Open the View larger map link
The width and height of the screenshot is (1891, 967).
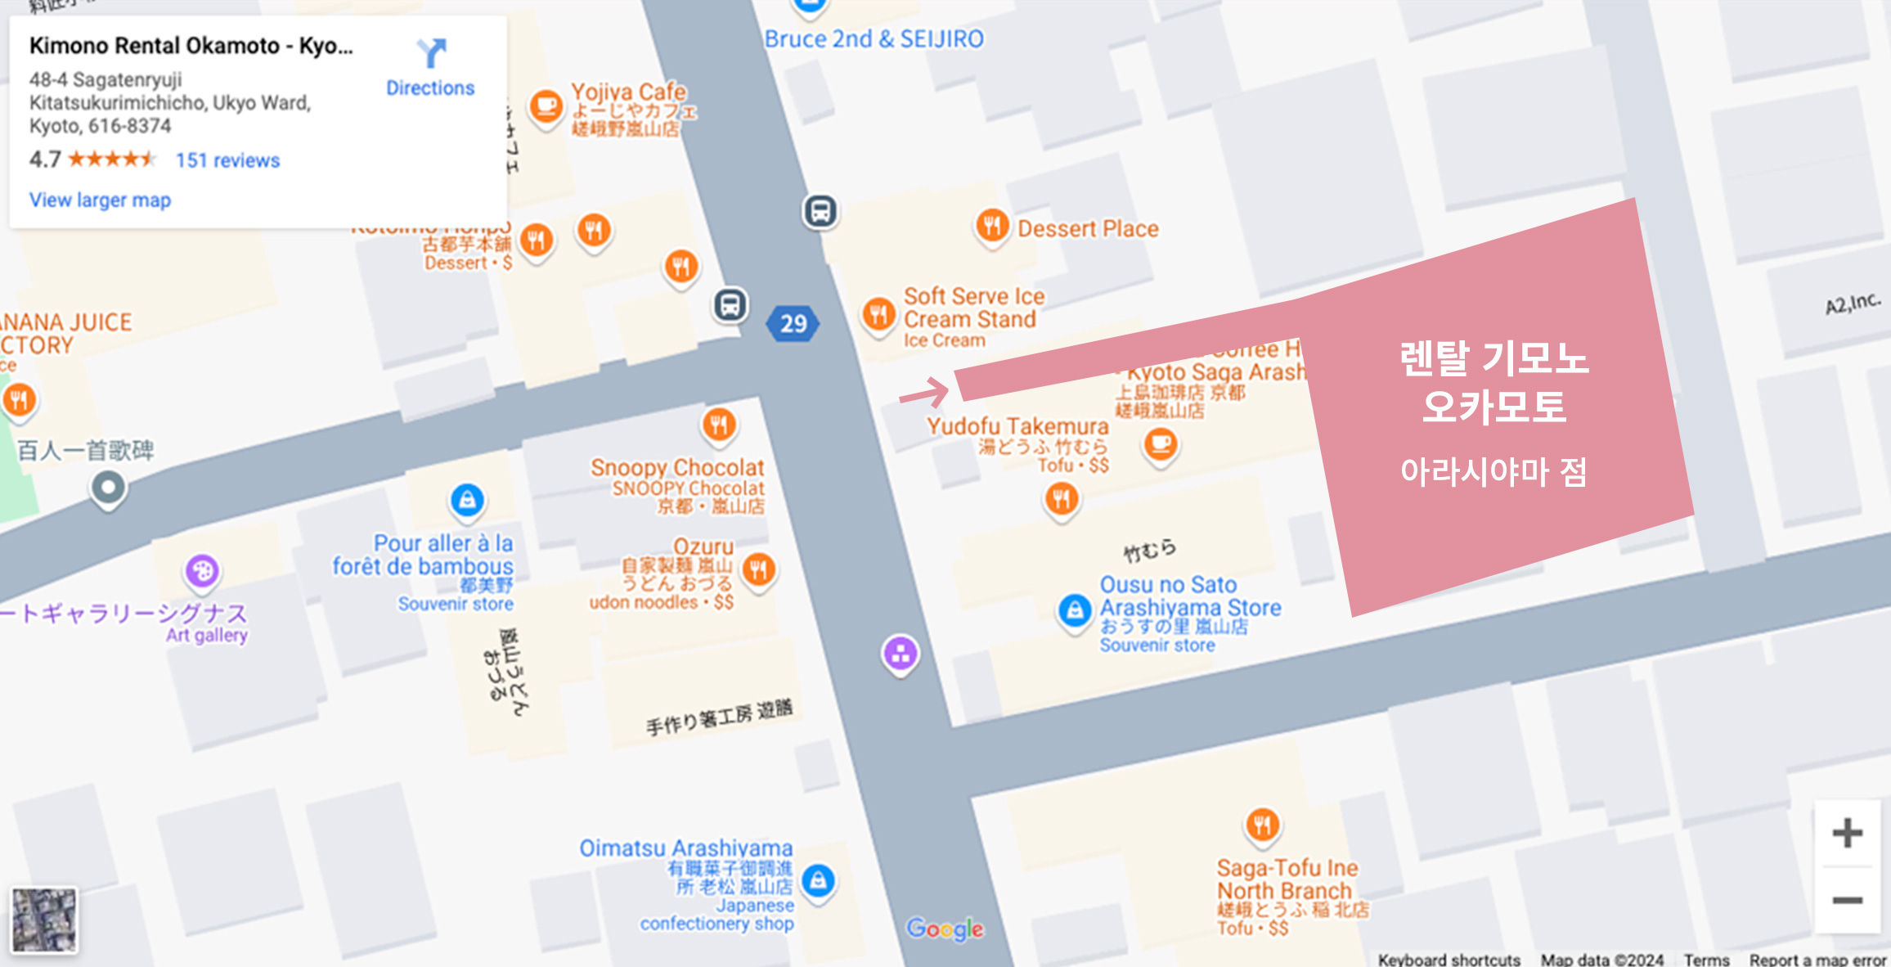pos(100,200)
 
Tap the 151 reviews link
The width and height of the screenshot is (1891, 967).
pos(227,160)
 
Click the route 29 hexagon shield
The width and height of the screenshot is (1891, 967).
pos(793,323)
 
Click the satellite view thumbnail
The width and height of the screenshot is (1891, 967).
pos(45,920)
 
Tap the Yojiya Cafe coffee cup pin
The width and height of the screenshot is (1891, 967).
pos(546,106)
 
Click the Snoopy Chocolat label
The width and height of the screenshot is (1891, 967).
pos(677,467)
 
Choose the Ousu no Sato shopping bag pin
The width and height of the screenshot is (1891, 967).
pos(1074,610)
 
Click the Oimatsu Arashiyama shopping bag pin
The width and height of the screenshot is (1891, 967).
pos(818,880)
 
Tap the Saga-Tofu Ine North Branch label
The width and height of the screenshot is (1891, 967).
pos(1287,879)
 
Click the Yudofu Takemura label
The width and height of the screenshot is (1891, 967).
pos(1017,426)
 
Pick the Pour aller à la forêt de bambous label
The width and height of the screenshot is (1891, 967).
pos(423,555)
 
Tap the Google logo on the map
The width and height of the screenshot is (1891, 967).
pos(945,929)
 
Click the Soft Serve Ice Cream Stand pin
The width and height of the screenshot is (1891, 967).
pos(878,313)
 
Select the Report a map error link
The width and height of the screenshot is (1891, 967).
pos(1817,959)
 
